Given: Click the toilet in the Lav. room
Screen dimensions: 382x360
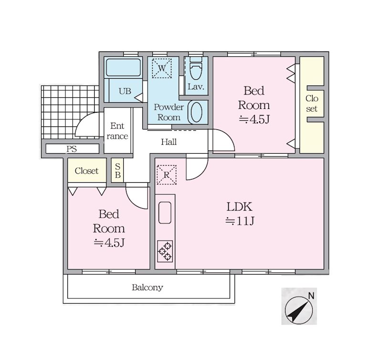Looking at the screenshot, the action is pyautogui.click(x=196, y=69).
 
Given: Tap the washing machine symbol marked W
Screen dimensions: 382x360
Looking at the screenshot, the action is pyautogui.click(x=162, y=68).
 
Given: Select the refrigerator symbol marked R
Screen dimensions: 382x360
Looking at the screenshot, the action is pyautogui.click(x=167, y=175).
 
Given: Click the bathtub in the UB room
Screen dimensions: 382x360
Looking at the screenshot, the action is pyautogui.click(x=124, y=67).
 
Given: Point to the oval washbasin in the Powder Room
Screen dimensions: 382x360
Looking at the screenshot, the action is pyautogui.click(x=196, y=112).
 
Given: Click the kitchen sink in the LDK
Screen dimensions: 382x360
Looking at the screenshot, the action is pyautogui.click(x=165, y=212).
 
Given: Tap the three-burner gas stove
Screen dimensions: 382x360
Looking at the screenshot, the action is pyautogui.click(x=165, y=251).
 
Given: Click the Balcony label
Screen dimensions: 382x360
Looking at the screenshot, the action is pyautogui.click(x=148, y=287).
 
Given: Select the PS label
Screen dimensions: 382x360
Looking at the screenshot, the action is pyautogui.click(x=72, y=149).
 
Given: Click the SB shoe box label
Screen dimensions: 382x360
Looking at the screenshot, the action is pyautogui.click(x=117, y=170).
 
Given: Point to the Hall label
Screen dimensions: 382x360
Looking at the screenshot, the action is pyautogui.click(x=169, y=142).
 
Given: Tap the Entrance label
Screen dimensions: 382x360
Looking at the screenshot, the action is pyautogui.click(x=117, y=131).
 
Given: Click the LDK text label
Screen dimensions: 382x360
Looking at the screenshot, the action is pyautogui.click(x=240, y=207).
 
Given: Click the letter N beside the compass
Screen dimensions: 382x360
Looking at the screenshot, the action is pyautogui.click(x=311, y=296).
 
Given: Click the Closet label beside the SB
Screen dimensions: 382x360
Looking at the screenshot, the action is pyautogui.click(x=86, y=171).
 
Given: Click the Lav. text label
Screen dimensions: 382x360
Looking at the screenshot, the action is pyautogui.click(x=196, y=87).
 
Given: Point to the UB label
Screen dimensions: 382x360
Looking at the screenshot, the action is pyautogui.click(x=125, y=91).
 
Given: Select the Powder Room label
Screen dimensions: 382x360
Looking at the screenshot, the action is pyautogui.click(x=169, y=112).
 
